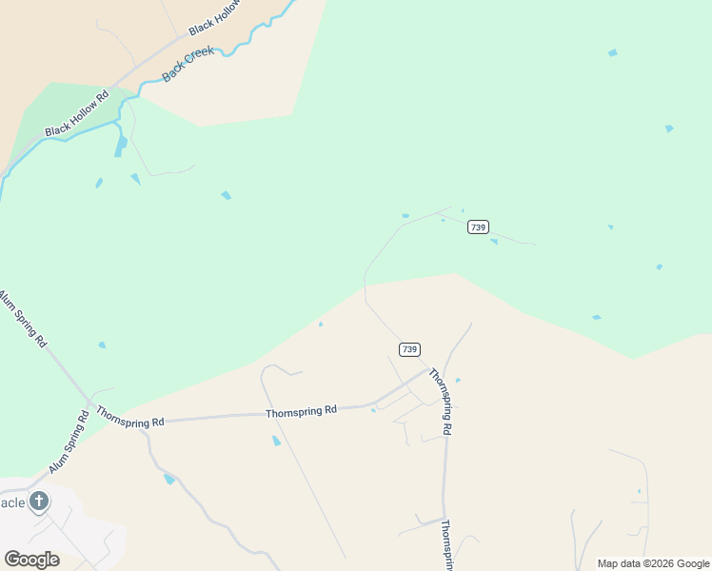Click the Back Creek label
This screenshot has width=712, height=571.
click(x=189, y=65)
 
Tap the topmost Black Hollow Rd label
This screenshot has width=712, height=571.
click(x=218, y=16)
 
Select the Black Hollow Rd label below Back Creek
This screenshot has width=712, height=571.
click(x=76, y=113)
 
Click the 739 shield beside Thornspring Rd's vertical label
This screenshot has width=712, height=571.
click(x=409, y=349)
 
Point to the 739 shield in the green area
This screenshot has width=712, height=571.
click(x=478, y=226)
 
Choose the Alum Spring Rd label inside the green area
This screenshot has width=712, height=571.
click(x=23, y=320)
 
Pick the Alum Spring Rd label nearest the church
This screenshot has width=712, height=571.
click(x=69, y=439)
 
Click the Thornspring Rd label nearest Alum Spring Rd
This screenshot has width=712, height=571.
click(x=130, y=419)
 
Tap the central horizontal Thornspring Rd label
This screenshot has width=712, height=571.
click(x=301, y=410)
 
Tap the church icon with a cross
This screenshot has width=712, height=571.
click(x=39, y=502)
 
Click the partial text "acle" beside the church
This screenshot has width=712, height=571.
click(x=11, y=502)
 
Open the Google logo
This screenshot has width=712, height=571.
click(x=31, y=560)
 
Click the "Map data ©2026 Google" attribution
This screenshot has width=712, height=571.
click(x=653, y=563)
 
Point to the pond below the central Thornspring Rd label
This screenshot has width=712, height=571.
click(x=277, y=441)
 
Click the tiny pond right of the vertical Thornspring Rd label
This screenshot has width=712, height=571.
click(x=458, y=381)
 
